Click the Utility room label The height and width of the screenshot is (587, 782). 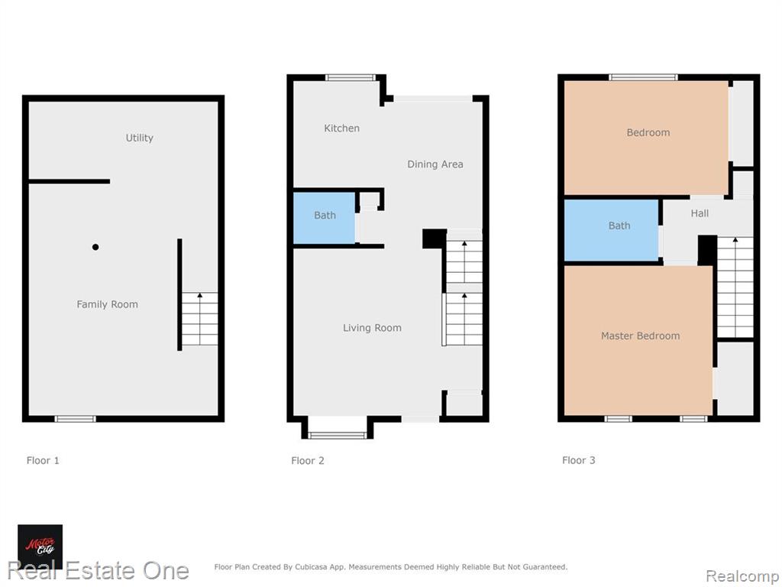139,138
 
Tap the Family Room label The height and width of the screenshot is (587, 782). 107,304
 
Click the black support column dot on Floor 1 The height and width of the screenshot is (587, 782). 95,247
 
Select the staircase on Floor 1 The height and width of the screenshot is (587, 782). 199,319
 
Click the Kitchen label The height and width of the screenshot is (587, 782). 341,128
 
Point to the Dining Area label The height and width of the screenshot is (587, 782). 435,164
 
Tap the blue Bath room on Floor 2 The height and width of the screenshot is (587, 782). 324,218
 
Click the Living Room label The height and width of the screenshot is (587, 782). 372,328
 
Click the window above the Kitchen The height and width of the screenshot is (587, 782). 350,77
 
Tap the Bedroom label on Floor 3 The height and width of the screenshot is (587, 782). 648,133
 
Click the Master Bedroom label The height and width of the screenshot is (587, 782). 641,336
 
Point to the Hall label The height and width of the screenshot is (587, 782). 700,214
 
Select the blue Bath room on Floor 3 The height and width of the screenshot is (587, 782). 612,230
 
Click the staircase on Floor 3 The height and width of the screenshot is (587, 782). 735,287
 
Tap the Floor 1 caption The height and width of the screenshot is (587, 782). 43,460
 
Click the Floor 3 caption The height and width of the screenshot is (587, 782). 579,460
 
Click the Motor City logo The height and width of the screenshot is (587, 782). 40,546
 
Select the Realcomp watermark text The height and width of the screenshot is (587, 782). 742,576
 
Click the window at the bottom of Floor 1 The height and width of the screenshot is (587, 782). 75,419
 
